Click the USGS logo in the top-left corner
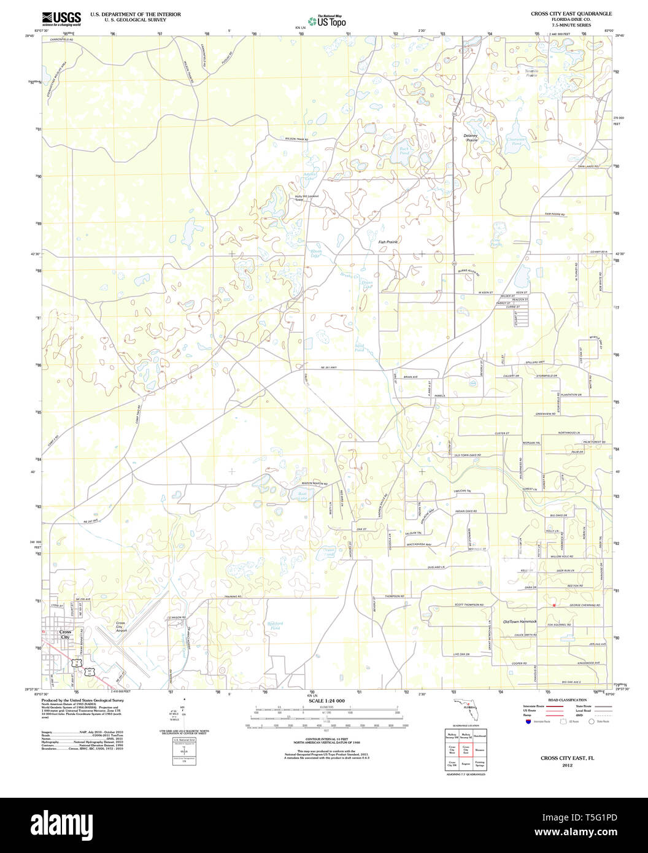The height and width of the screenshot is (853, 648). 61,18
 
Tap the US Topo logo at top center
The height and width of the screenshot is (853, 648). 327,21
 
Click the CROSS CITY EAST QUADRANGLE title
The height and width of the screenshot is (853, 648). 571,13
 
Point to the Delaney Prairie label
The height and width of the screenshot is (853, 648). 471,138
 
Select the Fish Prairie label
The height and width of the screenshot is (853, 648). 388,242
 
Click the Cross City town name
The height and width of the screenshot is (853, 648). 65,635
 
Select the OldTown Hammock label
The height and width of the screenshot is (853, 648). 520,622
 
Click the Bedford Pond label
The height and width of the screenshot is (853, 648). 274,626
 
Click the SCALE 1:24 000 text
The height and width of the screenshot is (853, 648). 326,701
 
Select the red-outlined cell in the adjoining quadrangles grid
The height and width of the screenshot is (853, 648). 465,749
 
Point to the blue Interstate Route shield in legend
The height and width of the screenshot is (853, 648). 528,722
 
